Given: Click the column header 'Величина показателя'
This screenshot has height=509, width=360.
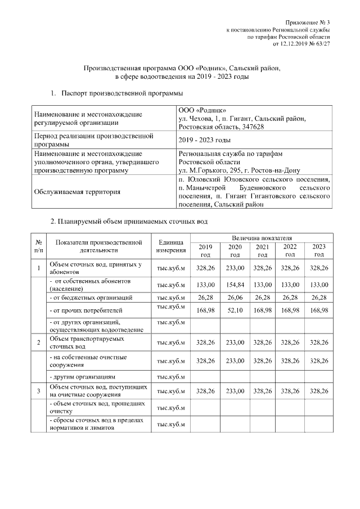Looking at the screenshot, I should click(x=261, y=238).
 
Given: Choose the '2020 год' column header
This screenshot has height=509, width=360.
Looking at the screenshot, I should click(x=235, y=251).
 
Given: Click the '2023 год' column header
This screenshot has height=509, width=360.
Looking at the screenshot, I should click(x=319, y=251).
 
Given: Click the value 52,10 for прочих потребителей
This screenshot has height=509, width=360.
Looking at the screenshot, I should click(x=235, y=309).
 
